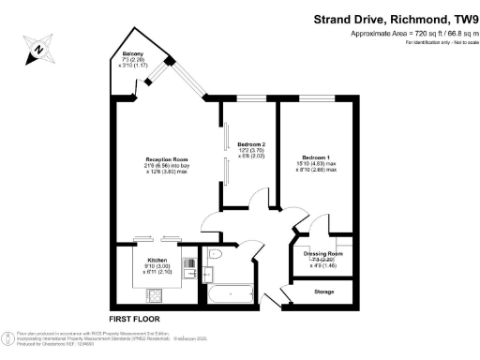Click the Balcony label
(131, 54)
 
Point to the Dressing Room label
(323, 254)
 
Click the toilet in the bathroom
(216, 256)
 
